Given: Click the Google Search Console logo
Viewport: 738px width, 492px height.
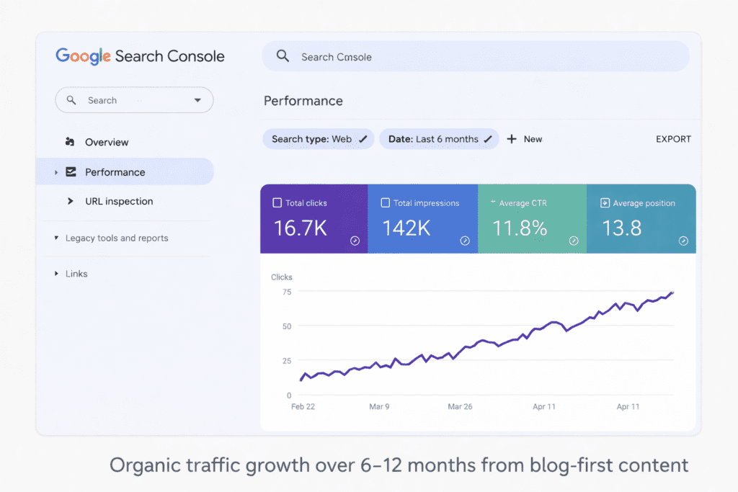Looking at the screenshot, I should click(x=140, y=56).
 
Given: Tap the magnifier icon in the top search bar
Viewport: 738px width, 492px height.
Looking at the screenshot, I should click(x=283, y=56).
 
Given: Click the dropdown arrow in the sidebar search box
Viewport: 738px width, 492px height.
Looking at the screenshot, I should click(x=197, y=101).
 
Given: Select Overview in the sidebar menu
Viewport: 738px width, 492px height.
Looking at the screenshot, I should click(x=107, y=142).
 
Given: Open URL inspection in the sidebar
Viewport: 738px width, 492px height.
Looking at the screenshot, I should click(x=119, y=201).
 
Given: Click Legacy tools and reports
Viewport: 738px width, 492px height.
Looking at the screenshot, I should click(x=117, y=238).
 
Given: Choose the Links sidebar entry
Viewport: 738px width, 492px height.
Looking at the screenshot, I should click(x=76, y=274).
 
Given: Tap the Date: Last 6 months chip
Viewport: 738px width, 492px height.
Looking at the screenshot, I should click(x=439, y=139).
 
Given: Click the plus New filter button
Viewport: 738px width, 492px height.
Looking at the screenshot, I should click(x=525, y=139).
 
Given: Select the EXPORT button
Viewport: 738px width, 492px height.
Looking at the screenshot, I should click(x=673, y=139).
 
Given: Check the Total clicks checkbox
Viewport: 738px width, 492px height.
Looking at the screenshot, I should click(x=277, y=203).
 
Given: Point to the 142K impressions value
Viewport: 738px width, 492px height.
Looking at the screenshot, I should click(x=406, y=228).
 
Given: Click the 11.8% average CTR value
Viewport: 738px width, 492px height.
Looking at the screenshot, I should click(x=520, y=228).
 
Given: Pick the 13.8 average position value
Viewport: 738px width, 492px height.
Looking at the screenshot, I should click(x=621, y=228).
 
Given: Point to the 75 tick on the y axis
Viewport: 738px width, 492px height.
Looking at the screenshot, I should click(x=286, y=292).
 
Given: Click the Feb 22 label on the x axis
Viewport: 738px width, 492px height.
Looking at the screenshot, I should click(x=303, y=406).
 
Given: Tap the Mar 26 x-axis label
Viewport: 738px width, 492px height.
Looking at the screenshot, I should click(x=460, y=406).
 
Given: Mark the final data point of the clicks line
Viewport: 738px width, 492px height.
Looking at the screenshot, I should click(x=672, y=292).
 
